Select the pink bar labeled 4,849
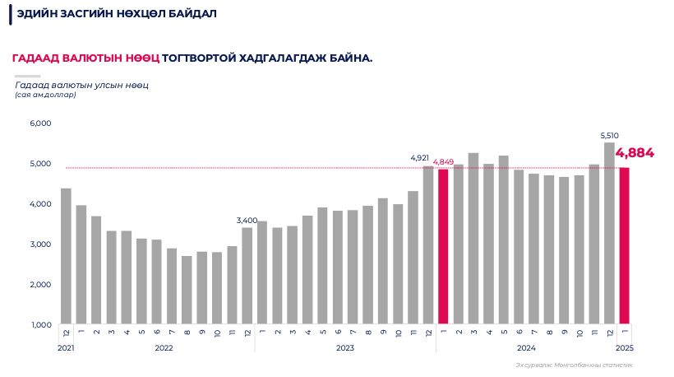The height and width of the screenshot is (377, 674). [x=443, y=246]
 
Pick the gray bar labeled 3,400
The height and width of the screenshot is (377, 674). [x=247, y=275]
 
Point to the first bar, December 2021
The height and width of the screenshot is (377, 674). [x=66, y=256]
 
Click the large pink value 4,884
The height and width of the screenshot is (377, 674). [x=635, y=152]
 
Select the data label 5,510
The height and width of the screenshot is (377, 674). [x=609, y=135]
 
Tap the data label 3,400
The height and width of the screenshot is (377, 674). [x=247, y=221]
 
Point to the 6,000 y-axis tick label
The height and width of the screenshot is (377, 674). [x=40, y=123]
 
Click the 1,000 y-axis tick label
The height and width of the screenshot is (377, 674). [x=40, y=324]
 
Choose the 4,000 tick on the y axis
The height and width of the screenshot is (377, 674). [x=40, y=204]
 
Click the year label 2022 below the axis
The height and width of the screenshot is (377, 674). [x=164, y=348]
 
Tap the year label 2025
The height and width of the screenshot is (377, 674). [x=624, y=348]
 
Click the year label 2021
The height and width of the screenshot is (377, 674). [x=66, y=348]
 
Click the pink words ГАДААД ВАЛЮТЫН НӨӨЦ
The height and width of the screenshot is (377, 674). [x=85, y=58]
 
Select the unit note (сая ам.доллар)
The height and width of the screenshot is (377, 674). [x=45, y=95]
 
